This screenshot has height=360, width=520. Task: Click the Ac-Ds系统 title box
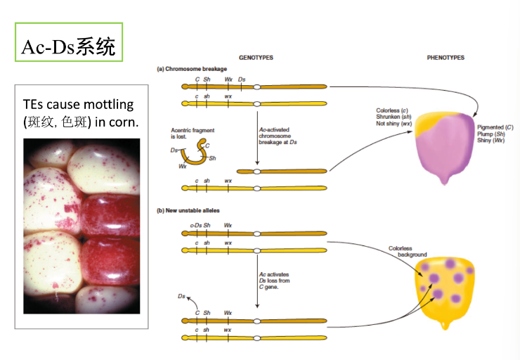click(69, 47)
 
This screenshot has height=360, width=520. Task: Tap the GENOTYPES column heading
click(256, 58)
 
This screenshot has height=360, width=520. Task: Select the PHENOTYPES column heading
click(446, 58)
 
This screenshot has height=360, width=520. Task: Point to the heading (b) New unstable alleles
click(188, 210)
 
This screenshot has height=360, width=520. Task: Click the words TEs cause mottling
click(78, 105)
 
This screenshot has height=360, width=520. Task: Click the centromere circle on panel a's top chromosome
click(258, 87)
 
